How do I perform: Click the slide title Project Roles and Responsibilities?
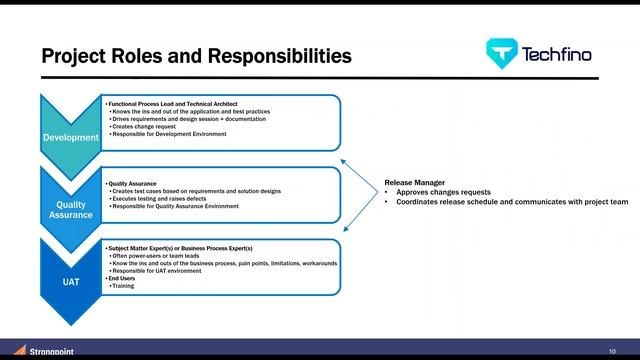point(196,55)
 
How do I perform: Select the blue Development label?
point(70,137)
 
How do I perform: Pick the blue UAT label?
point(70,282)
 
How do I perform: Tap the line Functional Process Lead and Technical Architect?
point(181,104)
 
